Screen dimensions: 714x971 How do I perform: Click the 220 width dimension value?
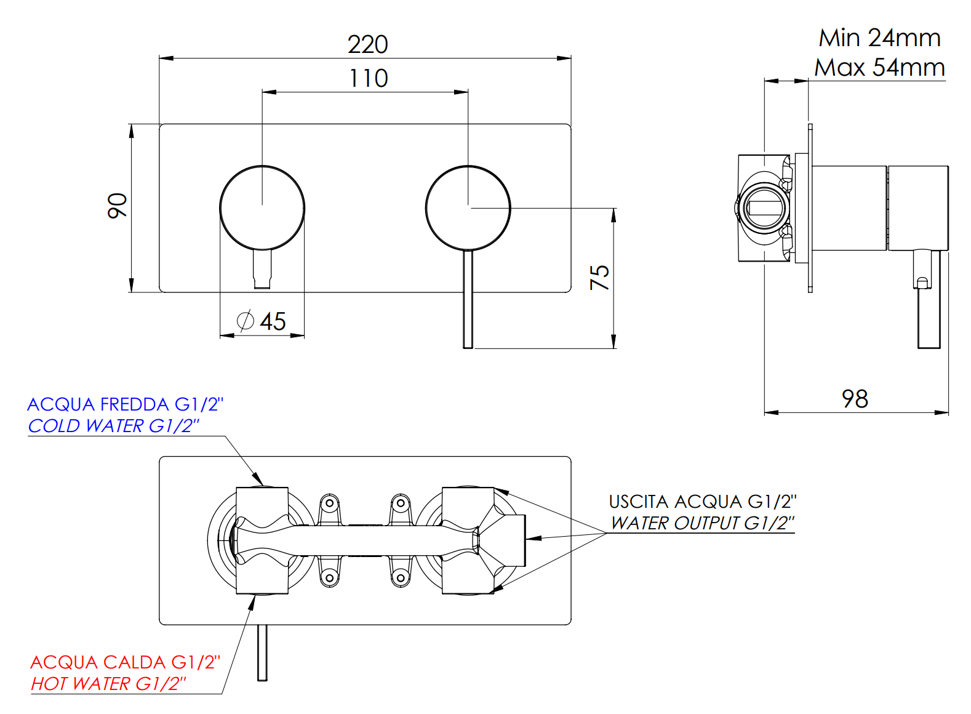pyautogui.click(x=367, y=44)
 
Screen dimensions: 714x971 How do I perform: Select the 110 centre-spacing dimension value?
pyautogui.click(x=369, y=78)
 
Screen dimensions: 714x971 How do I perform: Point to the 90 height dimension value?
pyautogui.click(x=117, y=206)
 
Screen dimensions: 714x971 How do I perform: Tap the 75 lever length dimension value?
pyautogui.click(x=599, y=278)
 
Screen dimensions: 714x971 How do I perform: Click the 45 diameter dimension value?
pyautogui.click(x=273, y=321)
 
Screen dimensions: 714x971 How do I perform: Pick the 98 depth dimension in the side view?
pyautogui.click(x=855, y=399)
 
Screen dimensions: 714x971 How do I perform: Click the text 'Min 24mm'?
pyautogui.click(x=879, y=38)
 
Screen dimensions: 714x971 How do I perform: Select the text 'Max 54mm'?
pyautogui.click(x=879, y=67)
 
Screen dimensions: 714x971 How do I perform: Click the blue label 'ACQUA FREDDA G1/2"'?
pyautogui.click(x=125, y=404)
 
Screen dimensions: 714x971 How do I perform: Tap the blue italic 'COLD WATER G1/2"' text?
pyautogui.click(x=114, y=426)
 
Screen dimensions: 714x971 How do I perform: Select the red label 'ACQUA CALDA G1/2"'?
pyautogui.click(x=125, y=662)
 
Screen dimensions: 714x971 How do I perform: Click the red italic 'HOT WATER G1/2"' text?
pyautogui.click(x=108, y=684)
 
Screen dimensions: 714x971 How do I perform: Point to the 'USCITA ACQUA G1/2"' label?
pyautogui.click(x=702, y=502)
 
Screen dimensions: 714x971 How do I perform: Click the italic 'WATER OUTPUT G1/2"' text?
pyautogui.click(x=702, y=523)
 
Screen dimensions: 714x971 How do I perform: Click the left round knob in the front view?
pyautogui.click(x=262, y=208)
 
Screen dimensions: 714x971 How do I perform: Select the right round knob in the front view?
pyautogui.click(x=468, y=208)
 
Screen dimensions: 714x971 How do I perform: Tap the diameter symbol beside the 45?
pyautogui.click(x=245, y=321)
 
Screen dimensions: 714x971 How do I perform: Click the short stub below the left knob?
pyautogui.click(x=262, y=269)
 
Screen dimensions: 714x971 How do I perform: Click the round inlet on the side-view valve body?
pyautogui.click(x=764, y=207)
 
